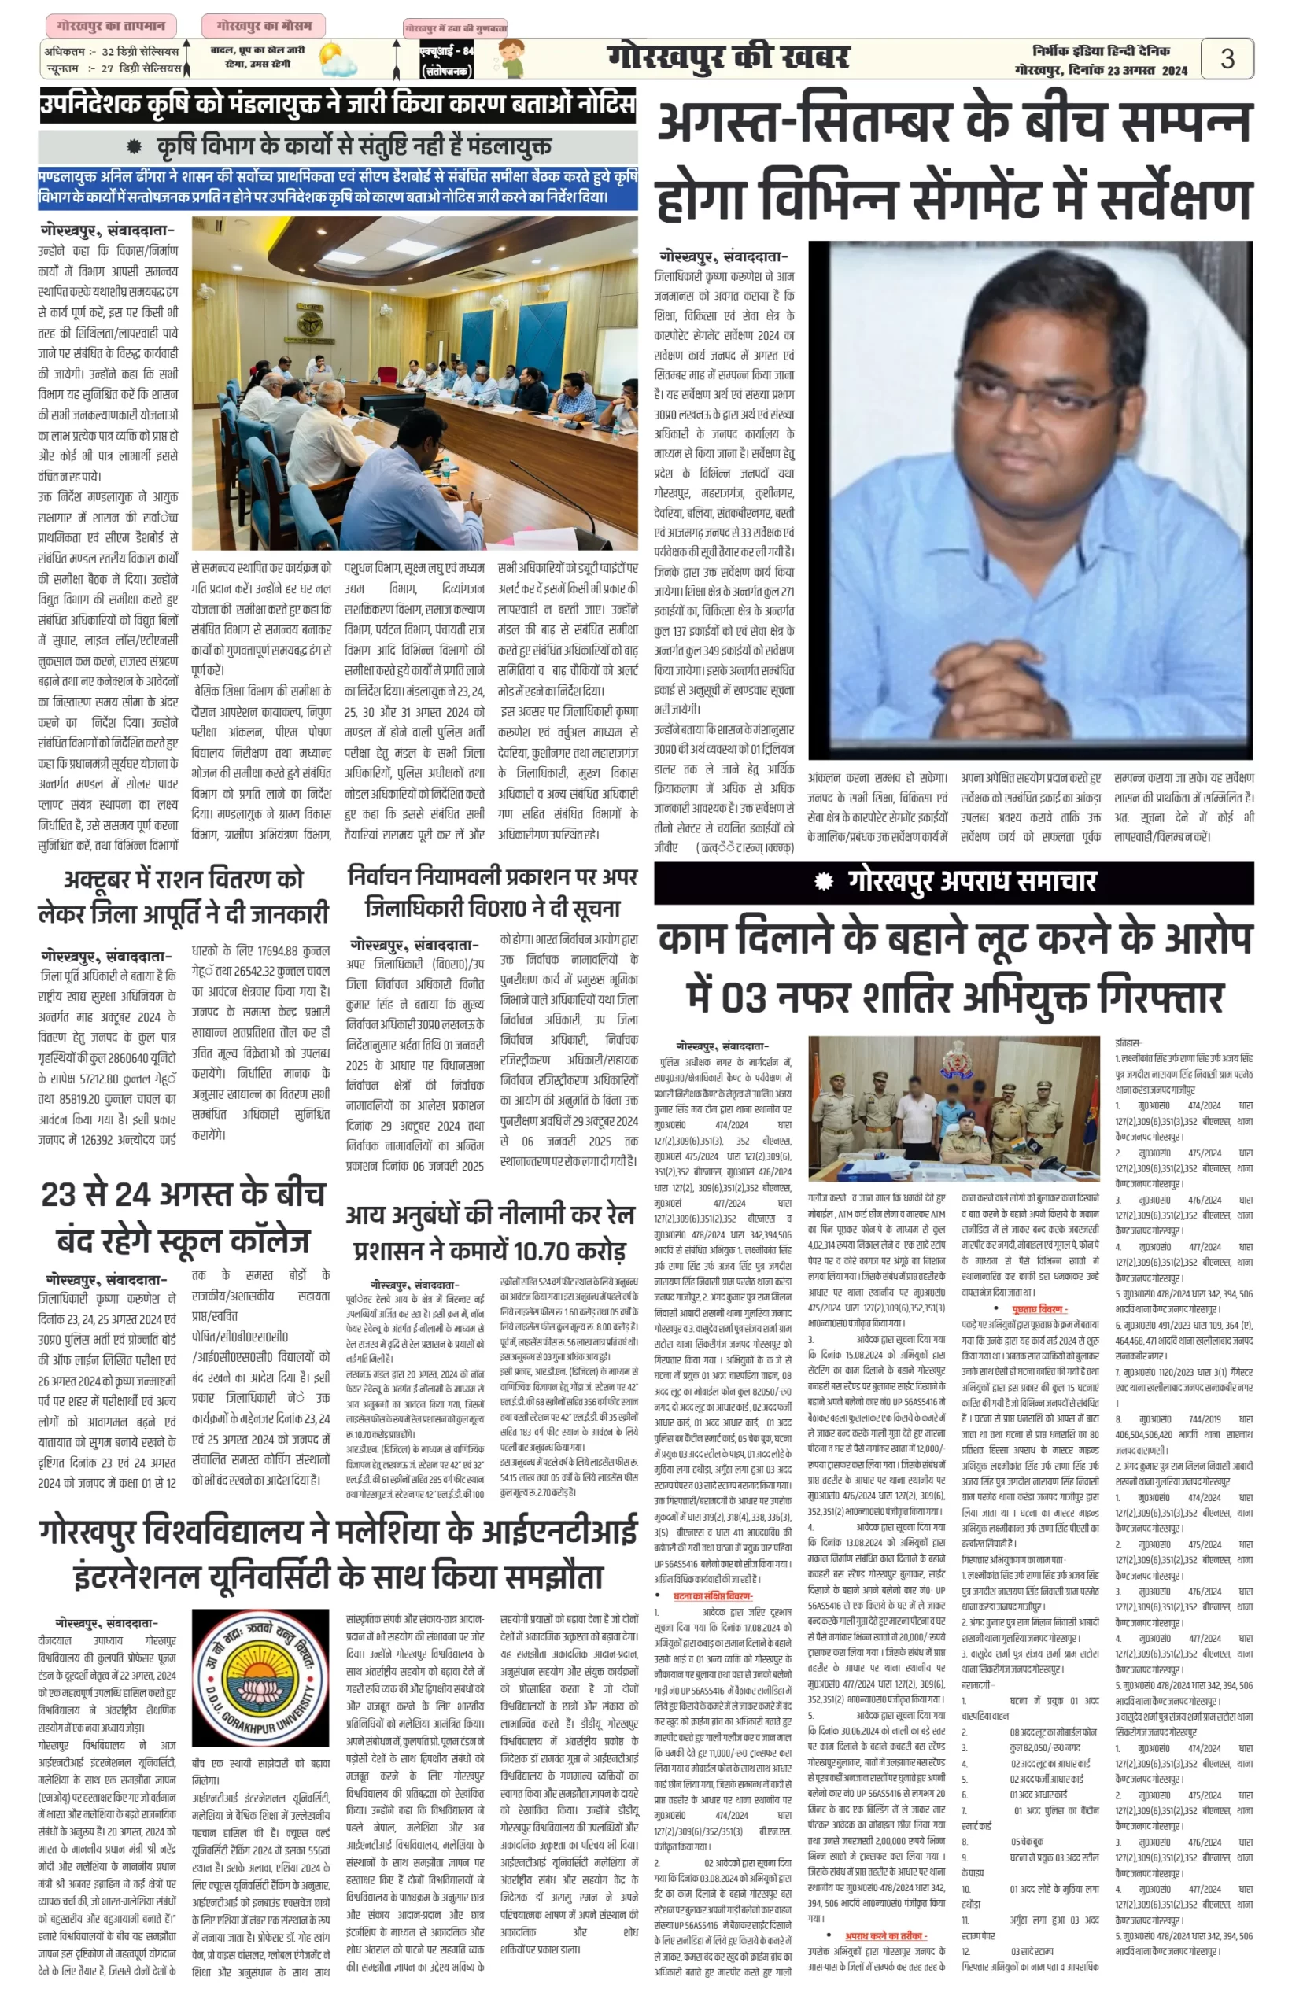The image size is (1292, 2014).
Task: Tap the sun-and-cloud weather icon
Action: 338,61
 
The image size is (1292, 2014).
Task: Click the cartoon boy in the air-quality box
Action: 509,59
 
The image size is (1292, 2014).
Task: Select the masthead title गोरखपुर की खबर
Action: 727,58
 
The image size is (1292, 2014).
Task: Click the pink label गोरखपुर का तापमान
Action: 111,26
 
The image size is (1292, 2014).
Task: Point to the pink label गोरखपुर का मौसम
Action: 264,26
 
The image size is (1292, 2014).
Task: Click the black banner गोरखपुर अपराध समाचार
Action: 953,882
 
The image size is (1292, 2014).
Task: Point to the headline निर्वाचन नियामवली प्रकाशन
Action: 493,892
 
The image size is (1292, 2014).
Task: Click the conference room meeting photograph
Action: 415,383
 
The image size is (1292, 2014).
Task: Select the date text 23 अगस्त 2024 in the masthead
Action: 1147,71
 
